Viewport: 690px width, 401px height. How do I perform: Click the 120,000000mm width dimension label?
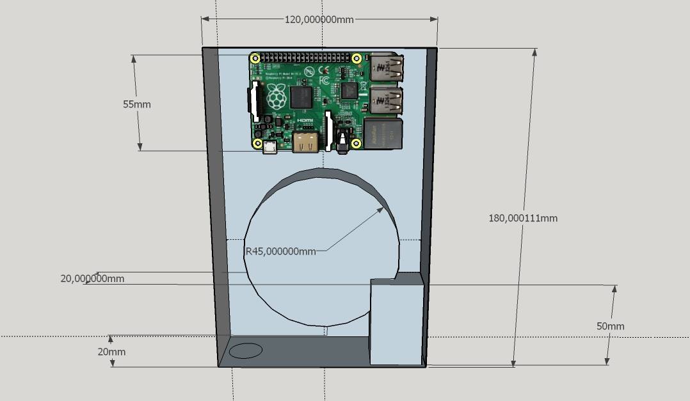[319, 19]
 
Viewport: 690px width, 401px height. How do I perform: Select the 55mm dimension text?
[137, 104]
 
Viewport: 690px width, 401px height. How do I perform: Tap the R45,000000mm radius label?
[281, 251]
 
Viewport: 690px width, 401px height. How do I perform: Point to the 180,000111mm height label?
[523, 218]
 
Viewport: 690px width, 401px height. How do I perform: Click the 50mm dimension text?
[610, 326]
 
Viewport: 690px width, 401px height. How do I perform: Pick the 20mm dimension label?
[111, 352]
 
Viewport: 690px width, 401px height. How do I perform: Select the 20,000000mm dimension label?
[92, 279]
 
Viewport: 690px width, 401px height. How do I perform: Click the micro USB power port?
[269, 147]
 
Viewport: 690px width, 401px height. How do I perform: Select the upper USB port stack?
[387, 68]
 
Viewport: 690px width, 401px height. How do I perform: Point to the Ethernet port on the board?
[383, 134]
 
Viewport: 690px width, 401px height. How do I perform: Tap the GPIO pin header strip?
[306, 58]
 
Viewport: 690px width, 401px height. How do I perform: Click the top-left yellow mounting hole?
[255, 59]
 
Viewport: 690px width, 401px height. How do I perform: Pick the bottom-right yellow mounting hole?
[357, 143]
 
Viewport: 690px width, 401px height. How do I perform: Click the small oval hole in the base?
[246, 350]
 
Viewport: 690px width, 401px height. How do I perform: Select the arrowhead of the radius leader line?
[382, 209]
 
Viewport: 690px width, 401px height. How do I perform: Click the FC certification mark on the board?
[324, 81]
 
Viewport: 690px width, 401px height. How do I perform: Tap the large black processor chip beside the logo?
[301, 98]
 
